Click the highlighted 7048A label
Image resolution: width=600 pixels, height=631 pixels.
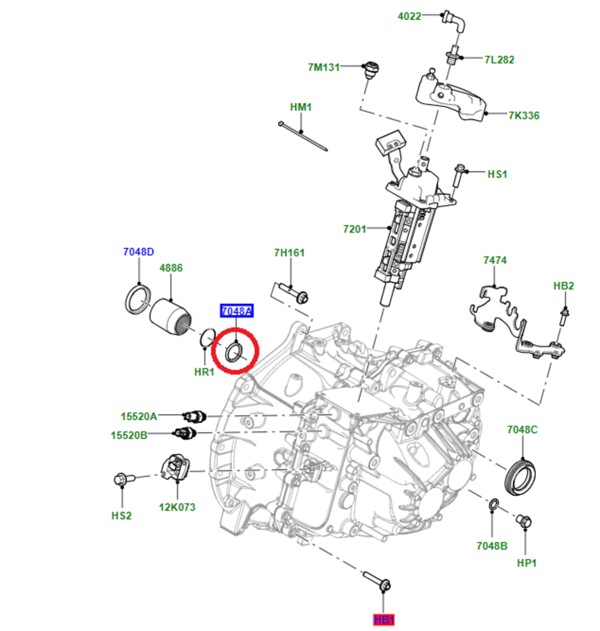pos(236,311)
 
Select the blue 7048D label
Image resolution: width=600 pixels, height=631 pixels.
pos(138,252)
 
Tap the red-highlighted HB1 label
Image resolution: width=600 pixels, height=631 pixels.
pos(384,619)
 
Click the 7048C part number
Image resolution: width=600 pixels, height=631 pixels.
pos(522,429)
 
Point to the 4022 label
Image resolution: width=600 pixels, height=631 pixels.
pos(410,16)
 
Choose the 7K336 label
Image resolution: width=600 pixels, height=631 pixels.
pos(523,116)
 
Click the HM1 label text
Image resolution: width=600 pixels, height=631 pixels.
pos(301,108)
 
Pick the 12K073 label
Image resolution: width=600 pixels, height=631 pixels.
pos(176,507)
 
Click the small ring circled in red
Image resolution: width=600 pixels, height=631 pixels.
pos(234,352)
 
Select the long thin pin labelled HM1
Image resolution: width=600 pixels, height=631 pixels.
pos(303,136)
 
